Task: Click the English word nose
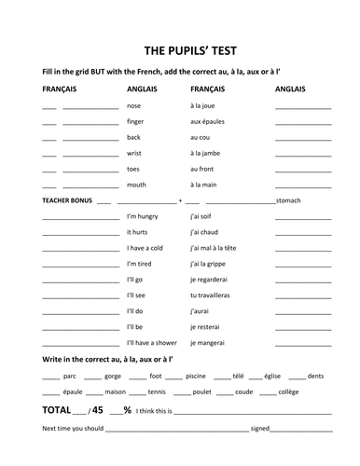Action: [x=134, y=106]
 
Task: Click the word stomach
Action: [x=292, y=200]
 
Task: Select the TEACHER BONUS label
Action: [x=66, y=200]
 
